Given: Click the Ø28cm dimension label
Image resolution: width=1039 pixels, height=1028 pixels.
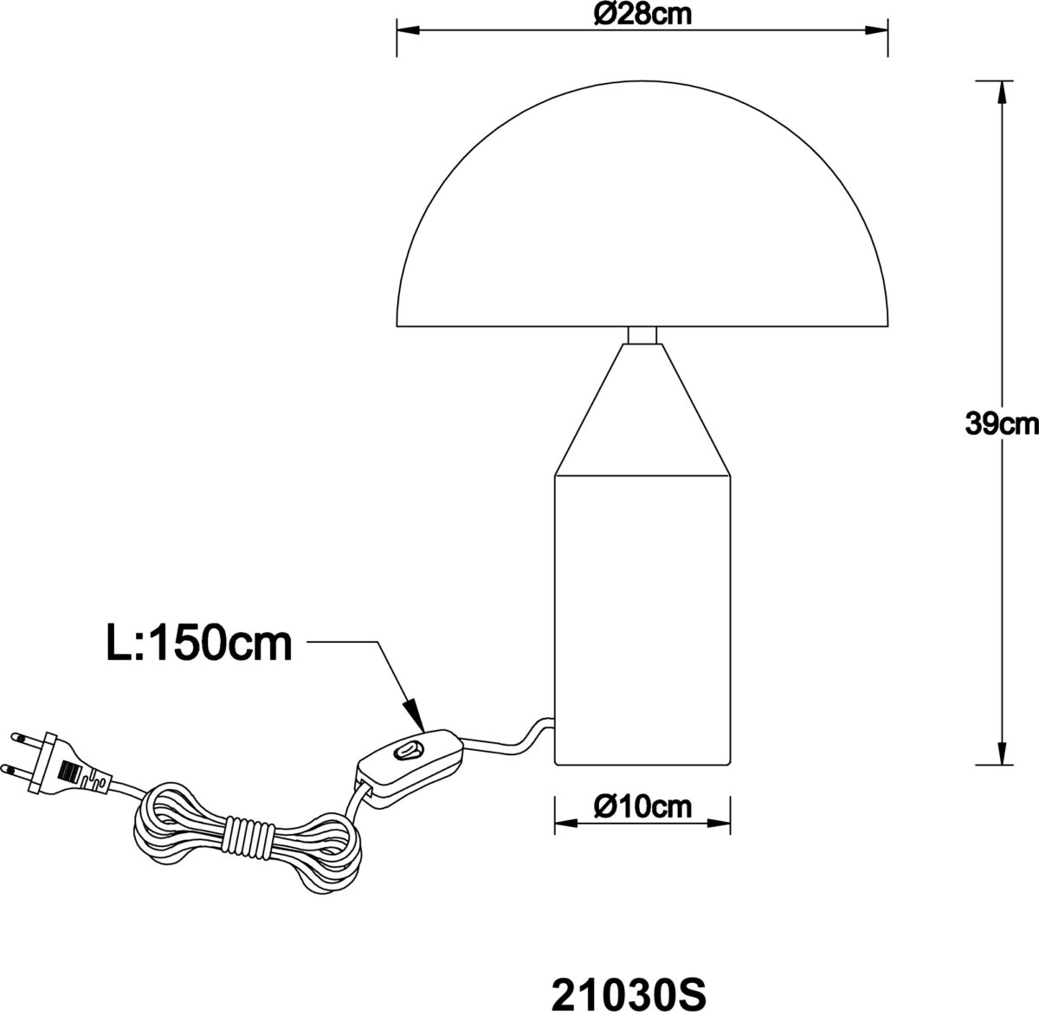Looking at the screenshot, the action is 642,15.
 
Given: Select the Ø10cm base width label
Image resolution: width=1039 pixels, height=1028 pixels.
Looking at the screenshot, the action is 642,807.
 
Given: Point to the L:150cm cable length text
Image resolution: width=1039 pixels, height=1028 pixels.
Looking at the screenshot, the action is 199,643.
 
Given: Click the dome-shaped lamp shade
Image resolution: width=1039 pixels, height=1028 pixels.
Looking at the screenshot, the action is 642,204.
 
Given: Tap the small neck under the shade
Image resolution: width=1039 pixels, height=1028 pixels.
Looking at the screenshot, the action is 642,335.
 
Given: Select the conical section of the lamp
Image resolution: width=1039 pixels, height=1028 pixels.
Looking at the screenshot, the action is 642,410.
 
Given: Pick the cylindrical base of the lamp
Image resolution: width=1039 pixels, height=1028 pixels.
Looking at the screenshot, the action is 642,620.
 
